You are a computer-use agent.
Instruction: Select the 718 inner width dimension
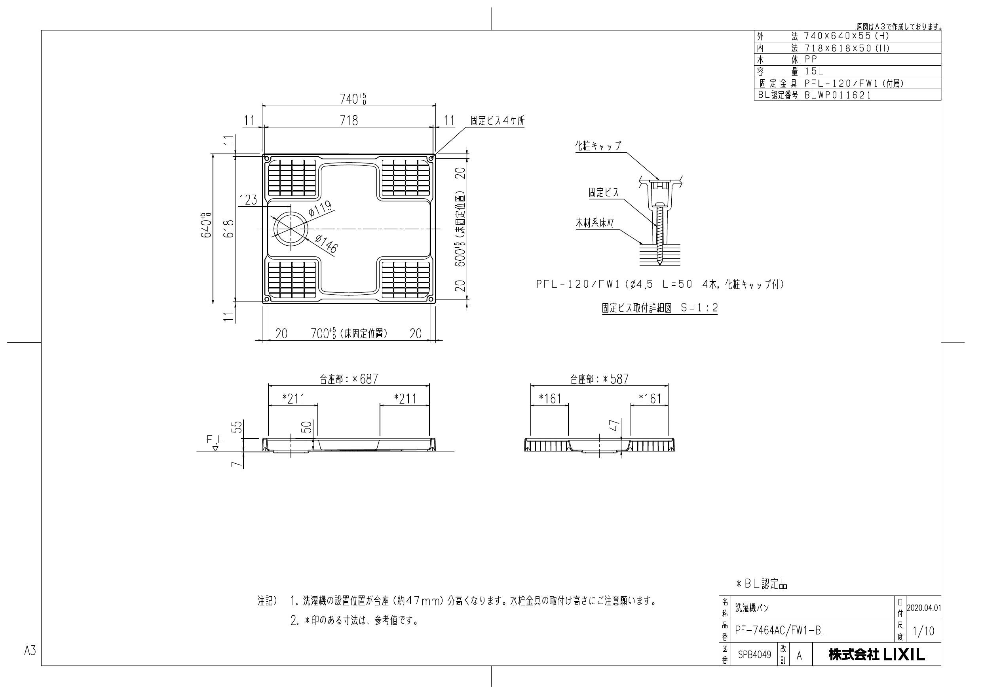[x=349, y=120]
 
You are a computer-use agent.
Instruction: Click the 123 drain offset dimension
[x=248, y=200]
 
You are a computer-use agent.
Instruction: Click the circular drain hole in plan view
[x=291, y=229]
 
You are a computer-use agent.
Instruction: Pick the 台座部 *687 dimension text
[x=349, y=379]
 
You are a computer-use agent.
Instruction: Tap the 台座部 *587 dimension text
[x=599, y=379]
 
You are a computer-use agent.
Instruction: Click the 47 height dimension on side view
[x=615, y=425]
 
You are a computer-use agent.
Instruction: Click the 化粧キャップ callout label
[x=598, y=146]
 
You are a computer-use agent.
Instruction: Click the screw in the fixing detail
[x=659, y=235]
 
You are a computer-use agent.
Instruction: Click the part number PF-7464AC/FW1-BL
[x=780, y=631]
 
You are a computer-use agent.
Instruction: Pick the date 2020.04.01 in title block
[x=923, y=608]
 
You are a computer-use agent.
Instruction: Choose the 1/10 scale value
[x=923, y=631]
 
